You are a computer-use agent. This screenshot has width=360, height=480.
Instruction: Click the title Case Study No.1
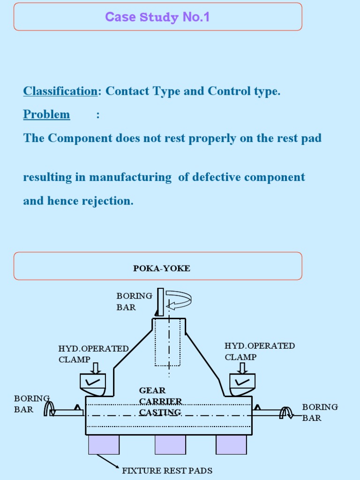[x=157, y=17]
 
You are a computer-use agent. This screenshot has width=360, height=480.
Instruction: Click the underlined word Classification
[x=60, y=91]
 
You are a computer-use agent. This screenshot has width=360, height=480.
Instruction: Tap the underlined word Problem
[x=46, y=114]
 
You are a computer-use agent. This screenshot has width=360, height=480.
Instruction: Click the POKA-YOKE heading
[x=162, y=269]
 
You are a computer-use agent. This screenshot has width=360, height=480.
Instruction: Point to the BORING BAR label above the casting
[x=134, y=301]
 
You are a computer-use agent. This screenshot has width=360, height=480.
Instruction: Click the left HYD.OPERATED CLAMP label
[x=93, y=354]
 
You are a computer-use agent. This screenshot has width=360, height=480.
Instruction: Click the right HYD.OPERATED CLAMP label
[x=259, y=351]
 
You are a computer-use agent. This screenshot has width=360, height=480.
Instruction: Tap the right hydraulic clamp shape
[x=242, y=382]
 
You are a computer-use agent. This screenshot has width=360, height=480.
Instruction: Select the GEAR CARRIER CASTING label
[x=160, y=401]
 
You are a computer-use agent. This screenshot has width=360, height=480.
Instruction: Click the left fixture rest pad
[x=104, y=445]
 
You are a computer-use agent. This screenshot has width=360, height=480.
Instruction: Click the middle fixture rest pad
[x=170, y=445]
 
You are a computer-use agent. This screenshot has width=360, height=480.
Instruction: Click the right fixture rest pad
[x=231, y=445]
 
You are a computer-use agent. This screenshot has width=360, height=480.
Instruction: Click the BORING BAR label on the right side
[x=320, y=412]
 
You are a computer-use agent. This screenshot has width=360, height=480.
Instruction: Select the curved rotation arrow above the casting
[x=179, y=300]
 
